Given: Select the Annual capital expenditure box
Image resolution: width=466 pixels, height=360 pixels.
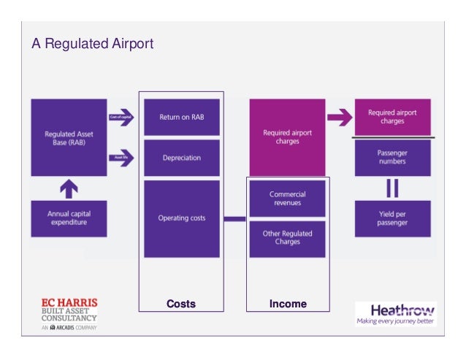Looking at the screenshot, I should [69, 218].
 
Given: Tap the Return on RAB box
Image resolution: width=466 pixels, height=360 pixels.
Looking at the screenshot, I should [182, 117].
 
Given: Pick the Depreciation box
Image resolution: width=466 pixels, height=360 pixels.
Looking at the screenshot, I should [182, 158].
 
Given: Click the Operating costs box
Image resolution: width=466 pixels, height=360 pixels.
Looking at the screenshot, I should [182, 218].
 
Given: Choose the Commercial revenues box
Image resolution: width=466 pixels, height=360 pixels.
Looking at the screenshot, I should [287, 198].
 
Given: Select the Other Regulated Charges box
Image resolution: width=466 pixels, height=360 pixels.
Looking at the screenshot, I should [287, 238].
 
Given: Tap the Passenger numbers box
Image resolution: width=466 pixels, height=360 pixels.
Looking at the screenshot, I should [391, 157].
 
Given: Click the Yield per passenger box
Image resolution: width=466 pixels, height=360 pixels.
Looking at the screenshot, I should [391, 218].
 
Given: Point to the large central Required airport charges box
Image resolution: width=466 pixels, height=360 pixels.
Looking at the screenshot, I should [287, 137].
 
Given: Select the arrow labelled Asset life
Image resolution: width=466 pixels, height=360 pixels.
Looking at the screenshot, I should [121, 157].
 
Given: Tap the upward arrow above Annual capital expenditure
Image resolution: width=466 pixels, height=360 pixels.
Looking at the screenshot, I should [69, 188].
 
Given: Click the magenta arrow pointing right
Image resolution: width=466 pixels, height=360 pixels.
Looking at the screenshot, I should [338, 117].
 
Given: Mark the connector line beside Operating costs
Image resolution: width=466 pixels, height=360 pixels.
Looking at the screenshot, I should [234, 218].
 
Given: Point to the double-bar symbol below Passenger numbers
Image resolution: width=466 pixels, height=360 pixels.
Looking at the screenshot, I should [392, 188].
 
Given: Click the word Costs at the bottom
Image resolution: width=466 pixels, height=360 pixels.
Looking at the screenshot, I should [181, 304].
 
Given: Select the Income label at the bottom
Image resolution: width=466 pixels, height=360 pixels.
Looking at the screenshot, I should [288, 304].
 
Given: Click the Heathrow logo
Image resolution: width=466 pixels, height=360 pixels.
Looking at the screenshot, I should [395, 313].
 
